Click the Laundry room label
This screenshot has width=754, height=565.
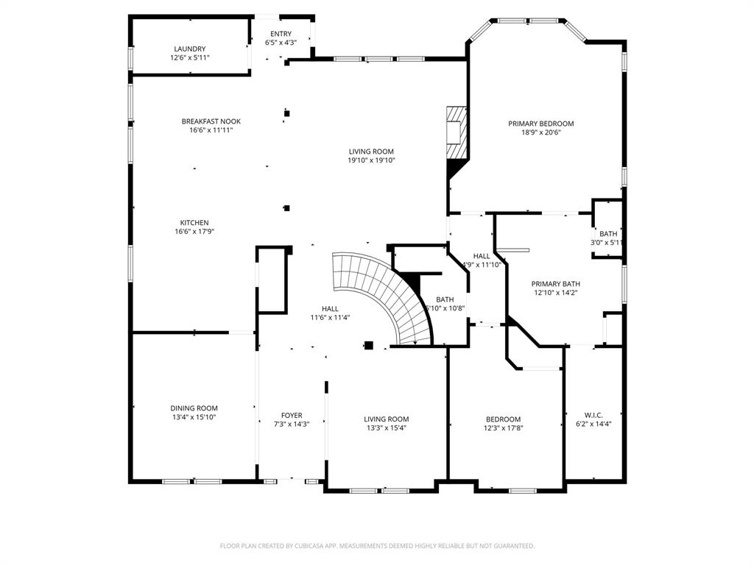[x=190, y=53]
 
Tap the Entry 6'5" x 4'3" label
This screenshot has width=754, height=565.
[x=281, y=38]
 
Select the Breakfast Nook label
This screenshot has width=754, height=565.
[x=211, y=126]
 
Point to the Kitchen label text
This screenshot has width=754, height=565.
[x=195, y=227]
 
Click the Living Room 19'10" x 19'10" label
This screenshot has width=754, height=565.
[x=372, y=156]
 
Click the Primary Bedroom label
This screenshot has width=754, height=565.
[x=541, y=128]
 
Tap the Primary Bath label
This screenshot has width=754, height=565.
[x=556, y=288]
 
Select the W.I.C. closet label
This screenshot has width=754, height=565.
[x=593, y=419]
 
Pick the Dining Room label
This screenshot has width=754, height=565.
[x=194, y=412]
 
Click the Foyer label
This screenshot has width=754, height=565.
[x=292, y=419]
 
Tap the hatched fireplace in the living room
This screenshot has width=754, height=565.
[x=457, y=132]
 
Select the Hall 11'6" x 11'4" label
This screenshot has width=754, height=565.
[x=330, y=313]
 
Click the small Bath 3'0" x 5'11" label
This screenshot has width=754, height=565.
[x=608, y=238]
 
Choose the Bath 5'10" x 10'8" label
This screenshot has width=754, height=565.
[x=445, y=304]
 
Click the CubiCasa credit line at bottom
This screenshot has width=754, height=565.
[x=377, y=546]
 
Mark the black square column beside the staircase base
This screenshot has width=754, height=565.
[x=369, y=345]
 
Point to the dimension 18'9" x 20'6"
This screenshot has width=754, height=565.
[x=541, y=133]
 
